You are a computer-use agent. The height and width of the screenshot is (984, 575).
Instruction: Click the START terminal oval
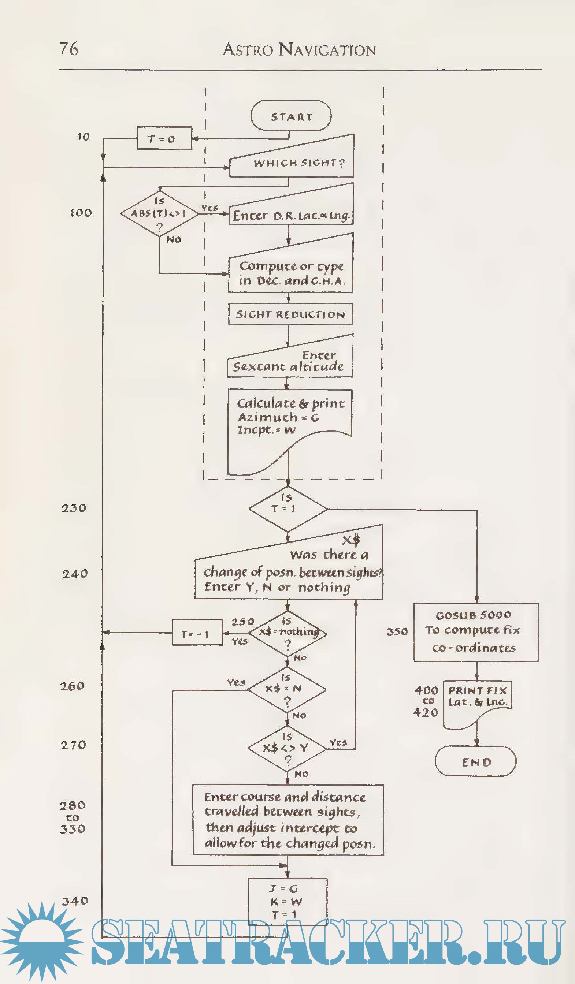[x=291, y=116]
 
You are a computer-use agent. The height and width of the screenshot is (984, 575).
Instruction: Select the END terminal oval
[x=476, y=761]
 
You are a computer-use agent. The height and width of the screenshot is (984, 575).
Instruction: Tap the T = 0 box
[x=164, y=138]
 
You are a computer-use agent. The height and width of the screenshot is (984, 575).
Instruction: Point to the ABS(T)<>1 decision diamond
[x=159, y=213]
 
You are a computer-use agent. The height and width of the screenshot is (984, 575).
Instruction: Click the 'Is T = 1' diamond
[x=288, y=508]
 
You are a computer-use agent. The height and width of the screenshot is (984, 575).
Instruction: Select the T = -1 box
[x=197, y=633]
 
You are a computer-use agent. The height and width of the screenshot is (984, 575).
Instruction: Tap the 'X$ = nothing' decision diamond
[x=288, y=632]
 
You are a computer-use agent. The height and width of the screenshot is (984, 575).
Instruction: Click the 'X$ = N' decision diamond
[x=287, y=689]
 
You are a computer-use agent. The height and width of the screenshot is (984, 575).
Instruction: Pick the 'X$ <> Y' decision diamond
[x=287, y=748]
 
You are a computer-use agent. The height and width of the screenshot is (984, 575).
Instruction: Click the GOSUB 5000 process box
[x=476, y=632]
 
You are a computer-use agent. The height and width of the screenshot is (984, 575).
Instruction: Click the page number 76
[x=69, y=49]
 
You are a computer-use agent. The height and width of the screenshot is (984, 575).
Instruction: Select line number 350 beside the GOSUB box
[x=397, y=632]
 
